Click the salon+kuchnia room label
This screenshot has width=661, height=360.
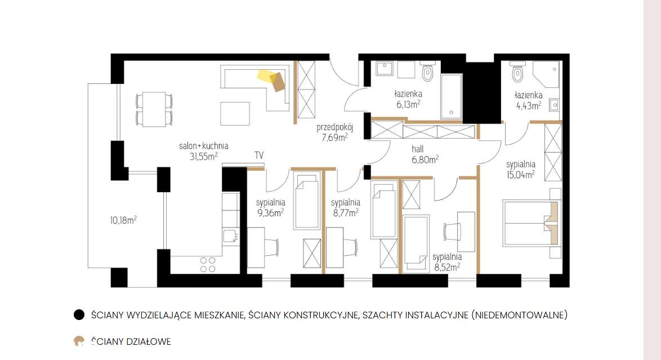[204, 146]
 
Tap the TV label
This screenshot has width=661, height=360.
[259, 155]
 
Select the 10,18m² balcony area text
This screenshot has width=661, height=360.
[123, 220]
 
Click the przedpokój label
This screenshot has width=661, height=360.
[334, 127]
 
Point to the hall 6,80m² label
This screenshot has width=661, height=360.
[425, 154]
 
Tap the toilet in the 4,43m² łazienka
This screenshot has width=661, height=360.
[517, 72]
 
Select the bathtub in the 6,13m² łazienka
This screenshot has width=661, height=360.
[452, 96]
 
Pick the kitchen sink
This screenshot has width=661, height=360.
[231, 237]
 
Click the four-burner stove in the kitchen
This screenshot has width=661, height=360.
[208, 265]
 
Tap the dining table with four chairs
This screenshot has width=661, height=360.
[154, 109]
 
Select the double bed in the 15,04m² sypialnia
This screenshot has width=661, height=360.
[531, 223]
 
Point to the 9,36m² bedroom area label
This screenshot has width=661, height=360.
[271, 208]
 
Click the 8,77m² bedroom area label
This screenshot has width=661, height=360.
[346, 208]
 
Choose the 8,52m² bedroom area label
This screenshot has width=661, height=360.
[447, 261]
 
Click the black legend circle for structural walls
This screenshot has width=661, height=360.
[79, 315]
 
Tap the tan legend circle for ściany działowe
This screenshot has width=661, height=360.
[79, 341]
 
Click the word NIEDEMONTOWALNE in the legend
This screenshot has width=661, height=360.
[519, 315]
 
